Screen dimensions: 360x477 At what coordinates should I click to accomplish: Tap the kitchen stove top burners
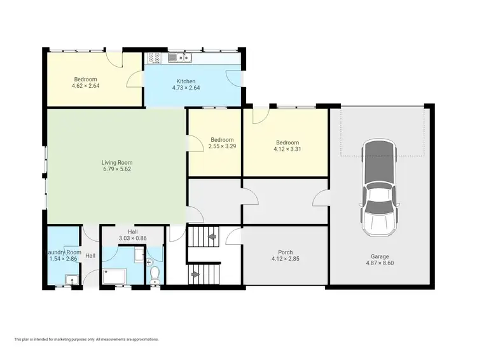[155, 58]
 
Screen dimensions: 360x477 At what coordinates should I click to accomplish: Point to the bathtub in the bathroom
[115, 277]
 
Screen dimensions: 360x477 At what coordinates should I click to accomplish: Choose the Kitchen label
[186, 81]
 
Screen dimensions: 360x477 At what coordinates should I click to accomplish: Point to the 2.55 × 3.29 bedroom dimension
[222, 147]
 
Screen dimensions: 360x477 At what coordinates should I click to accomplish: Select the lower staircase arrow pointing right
[196, 275]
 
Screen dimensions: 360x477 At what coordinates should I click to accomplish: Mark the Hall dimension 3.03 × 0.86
[132, 239]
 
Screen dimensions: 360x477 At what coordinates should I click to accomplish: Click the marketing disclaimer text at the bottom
[86, 339]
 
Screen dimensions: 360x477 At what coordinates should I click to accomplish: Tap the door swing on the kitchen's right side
[234, 78]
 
